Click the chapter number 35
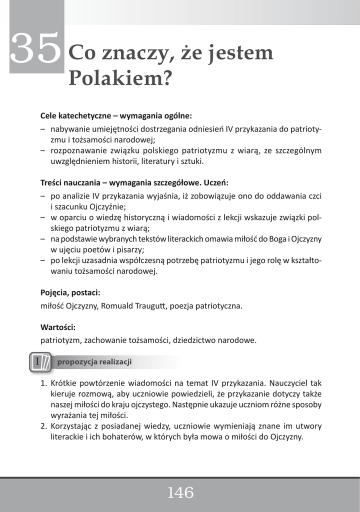point(36,49)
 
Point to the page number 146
point(180,493)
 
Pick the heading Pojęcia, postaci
point(73,292)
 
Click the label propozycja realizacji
point(94,362)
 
